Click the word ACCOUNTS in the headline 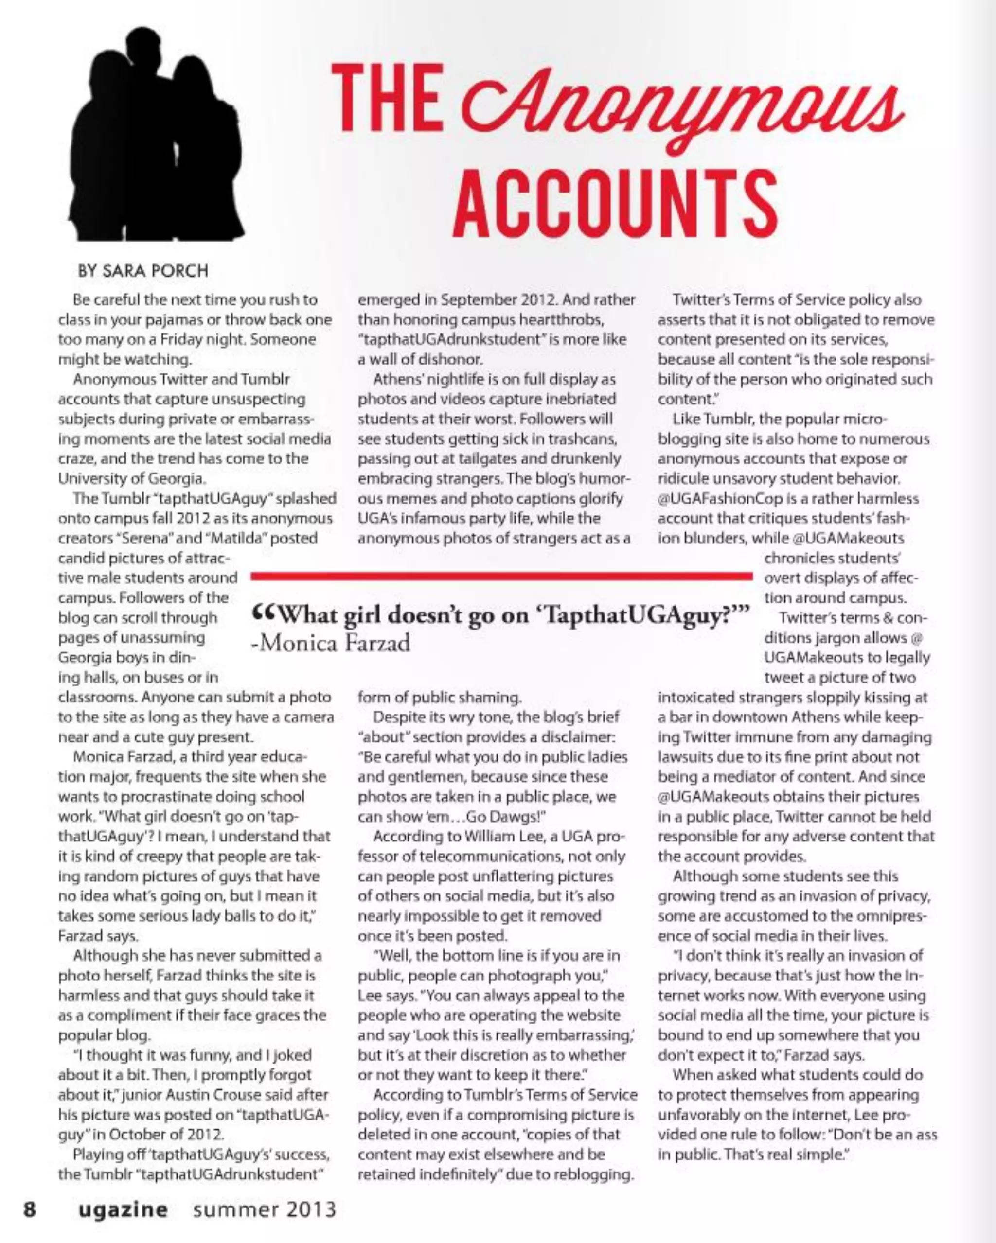pos(615,204)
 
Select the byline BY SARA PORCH pos(143,270)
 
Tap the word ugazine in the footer pos(124,1209)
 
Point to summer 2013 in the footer pos(265,1209)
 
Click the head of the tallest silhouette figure pos(142,43)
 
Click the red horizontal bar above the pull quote pos(502,576)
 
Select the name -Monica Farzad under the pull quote pos(331,643)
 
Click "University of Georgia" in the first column pos(131,478)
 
